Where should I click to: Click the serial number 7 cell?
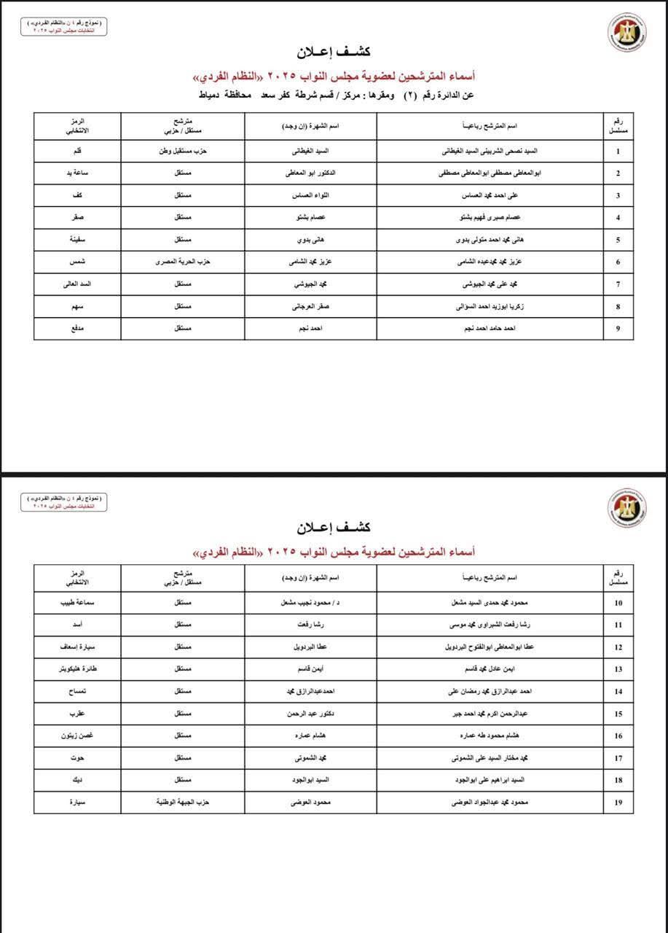click(x=618, y=284)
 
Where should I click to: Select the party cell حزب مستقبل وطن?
click(x=184, y=152)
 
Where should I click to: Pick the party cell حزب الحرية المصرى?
click(x=184, y=262)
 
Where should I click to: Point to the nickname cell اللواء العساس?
click(x=311, y=196)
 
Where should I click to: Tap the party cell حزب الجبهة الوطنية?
click(x=184, y=803)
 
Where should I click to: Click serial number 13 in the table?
click(x=618, y=670)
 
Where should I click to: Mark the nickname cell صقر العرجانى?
click(x=311, y=307)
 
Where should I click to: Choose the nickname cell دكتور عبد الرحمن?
click(x=311, y=714)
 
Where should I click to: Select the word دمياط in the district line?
click(x=211, y=95)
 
